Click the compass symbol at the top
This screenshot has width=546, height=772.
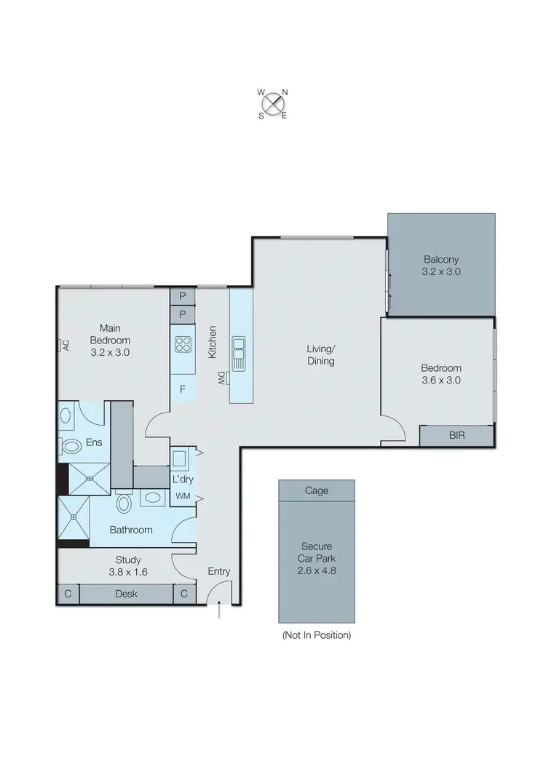tap(272, 103)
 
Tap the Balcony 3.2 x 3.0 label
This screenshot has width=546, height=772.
tap(442, 266)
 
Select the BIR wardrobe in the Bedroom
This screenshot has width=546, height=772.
tap(457, 435)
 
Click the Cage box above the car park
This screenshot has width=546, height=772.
tap(317, 490)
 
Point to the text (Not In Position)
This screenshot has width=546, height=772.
tap(317, 635)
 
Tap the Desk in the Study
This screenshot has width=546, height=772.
tap(126, 594)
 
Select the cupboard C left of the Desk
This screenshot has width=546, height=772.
tap(68, 594)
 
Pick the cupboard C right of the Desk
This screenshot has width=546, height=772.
tap(183, 594)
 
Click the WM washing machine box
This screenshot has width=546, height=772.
tap(182, 496)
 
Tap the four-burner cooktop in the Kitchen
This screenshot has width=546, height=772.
tap(182, 344)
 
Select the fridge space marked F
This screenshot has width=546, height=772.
tap(182, 389)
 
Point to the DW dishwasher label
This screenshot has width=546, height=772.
tap(219, 378)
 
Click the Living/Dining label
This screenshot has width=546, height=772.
tap(320, 354)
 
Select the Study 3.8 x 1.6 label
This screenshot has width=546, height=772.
tap(127, 565)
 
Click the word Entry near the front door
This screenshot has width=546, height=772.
tap(218, 571)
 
